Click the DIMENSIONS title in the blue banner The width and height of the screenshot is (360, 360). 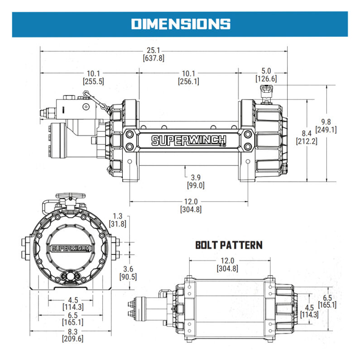[x=180, y=24]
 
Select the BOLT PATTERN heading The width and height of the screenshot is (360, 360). [x=229, y=245]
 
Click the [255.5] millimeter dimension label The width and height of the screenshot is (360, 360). [x=93, y=82]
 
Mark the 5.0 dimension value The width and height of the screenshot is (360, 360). [x=266, y=71]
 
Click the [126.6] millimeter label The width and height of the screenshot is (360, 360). [x=266, y=79]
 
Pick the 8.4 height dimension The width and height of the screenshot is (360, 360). [x=307, y=133]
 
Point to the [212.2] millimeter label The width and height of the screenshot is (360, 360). [x=307, y=141]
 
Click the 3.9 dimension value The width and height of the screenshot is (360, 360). [x=196, y=177]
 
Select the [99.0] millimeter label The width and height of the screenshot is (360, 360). [x=196, y=185]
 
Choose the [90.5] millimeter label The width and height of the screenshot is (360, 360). [x=128, y=277]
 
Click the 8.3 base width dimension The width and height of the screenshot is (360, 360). [x=72, y=331]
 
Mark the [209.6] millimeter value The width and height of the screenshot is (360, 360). [x=72, y=338]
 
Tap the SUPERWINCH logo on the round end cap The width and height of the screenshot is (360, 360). [x=71, y=248]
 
